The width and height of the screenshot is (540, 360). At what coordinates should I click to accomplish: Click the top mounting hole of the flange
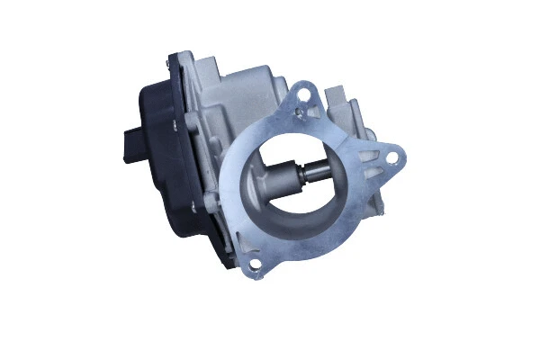305,92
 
